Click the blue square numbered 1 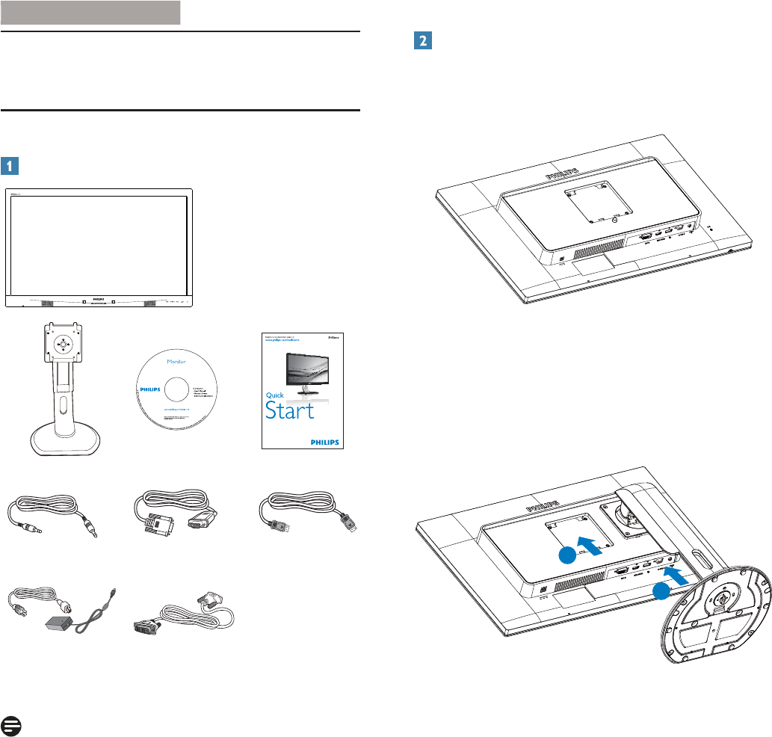coord(10,165)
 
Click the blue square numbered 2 coord(421,43)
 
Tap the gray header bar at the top coord(90,13)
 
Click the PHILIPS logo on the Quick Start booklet coord(323,441)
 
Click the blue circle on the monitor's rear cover coord(567,555)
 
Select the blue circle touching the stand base coord(660,593)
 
